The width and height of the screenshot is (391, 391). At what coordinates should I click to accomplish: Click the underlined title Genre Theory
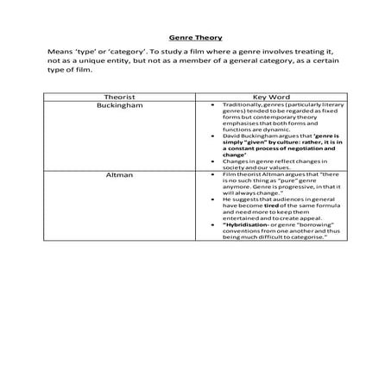pyautogui.click(x=195, y=38)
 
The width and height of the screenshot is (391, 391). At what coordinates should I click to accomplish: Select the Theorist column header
pyautogui.click(x=119, y=97)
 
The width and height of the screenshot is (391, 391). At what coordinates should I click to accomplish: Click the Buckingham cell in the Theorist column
pyautogui.click(x=119, y=104)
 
